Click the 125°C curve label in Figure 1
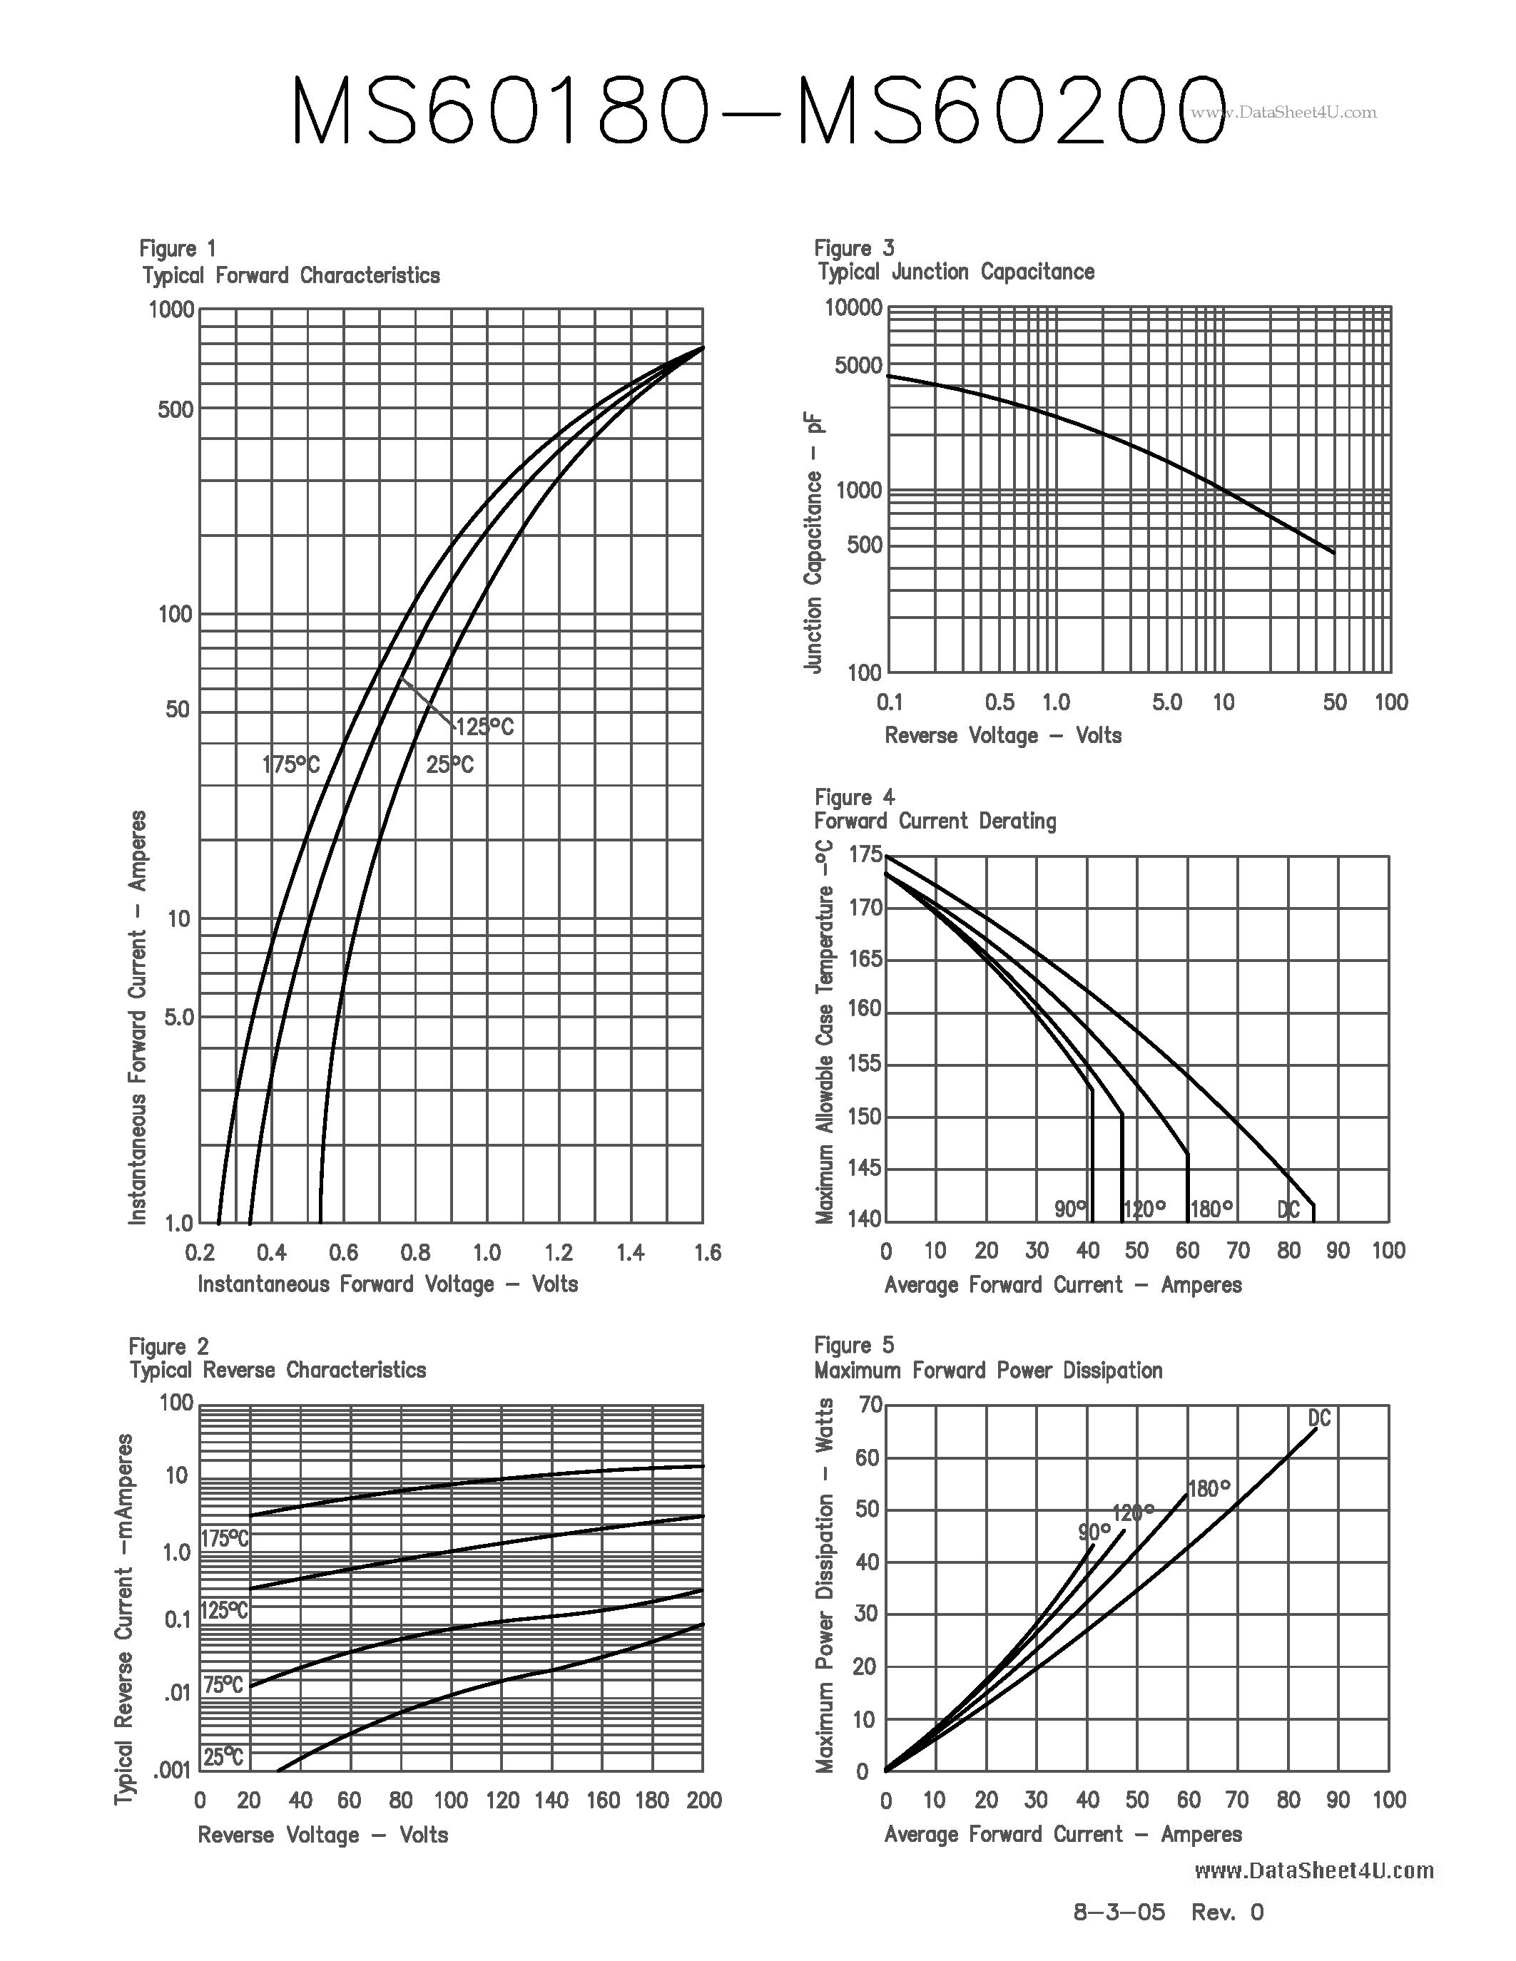[485, 727]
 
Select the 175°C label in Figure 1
[290, 765]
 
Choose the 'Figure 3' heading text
[854, 248]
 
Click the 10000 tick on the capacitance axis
[853, 308]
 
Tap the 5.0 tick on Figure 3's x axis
[1166, 702]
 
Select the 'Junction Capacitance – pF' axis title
[814, 543]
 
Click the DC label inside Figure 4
[1288, 1209]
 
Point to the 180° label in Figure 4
[1211, 1209]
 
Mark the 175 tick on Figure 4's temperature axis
[866, 855]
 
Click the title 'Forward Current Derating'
[935, 821]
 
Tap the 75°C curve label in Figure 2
[223, 1685]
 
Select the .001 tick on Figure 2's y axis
[173, 1770]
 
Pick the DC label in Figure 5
[1318, 1418]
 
